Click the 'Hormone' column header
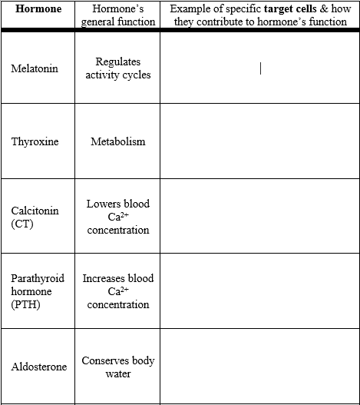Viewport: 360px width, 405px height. pyautogui.click(x=38, y=9)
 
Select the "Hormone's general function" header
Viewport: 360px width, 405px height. pyautogui.click(x=118, y=15)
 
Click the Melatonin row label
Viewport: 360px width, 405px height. pyautogui.click(x=35, y=68)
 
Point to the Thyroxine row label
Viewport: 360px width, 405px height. pyautogui.click(x=35, y=141)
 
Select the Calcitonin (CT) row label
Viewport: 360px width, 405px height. pyautogui.click(x=35, y=217)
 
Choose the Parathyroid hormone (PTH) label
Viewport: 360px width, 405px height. pyautogui.click(x=38, y=291)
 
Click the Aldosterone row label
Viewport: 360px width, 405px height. pyautogui.click(x=39, y=367)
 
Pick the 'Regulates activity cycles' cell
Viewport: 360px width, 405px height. pyautogui.click(x=118, y=68)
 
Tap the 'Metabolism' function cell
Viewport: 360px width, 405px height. pyautogui.click(x=118, y=141)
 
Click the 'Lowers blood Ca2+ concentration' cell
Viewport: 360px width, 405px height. pyautogui.click(x=118, y=217)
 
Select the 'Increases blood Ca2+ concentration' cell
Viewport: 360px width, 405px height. pyautogui.click(x=118, y=291)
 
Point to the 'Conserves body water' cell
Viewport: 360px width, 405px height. pyautogui.click(x=118, y=367)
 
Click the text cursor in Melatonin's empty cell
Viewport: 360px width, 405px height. pyautogui.click(x=261, y=69)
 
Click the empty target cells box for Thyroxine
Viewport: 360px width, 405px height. pyautogui.click(x=259, y=141)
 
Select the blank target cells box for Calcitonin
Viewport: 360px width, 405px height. pyautogui.click(x=259, y=217)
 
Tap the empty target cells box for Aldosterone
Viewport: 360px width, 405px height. pyautogui.click(x=259, y=367)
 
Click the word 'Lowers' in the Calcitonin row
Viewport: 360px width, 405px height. pyautogui.click(x=101, y=204)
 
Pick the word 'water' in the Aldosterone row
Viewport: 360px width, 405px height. pyautogui.click(x=118, y=374)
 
